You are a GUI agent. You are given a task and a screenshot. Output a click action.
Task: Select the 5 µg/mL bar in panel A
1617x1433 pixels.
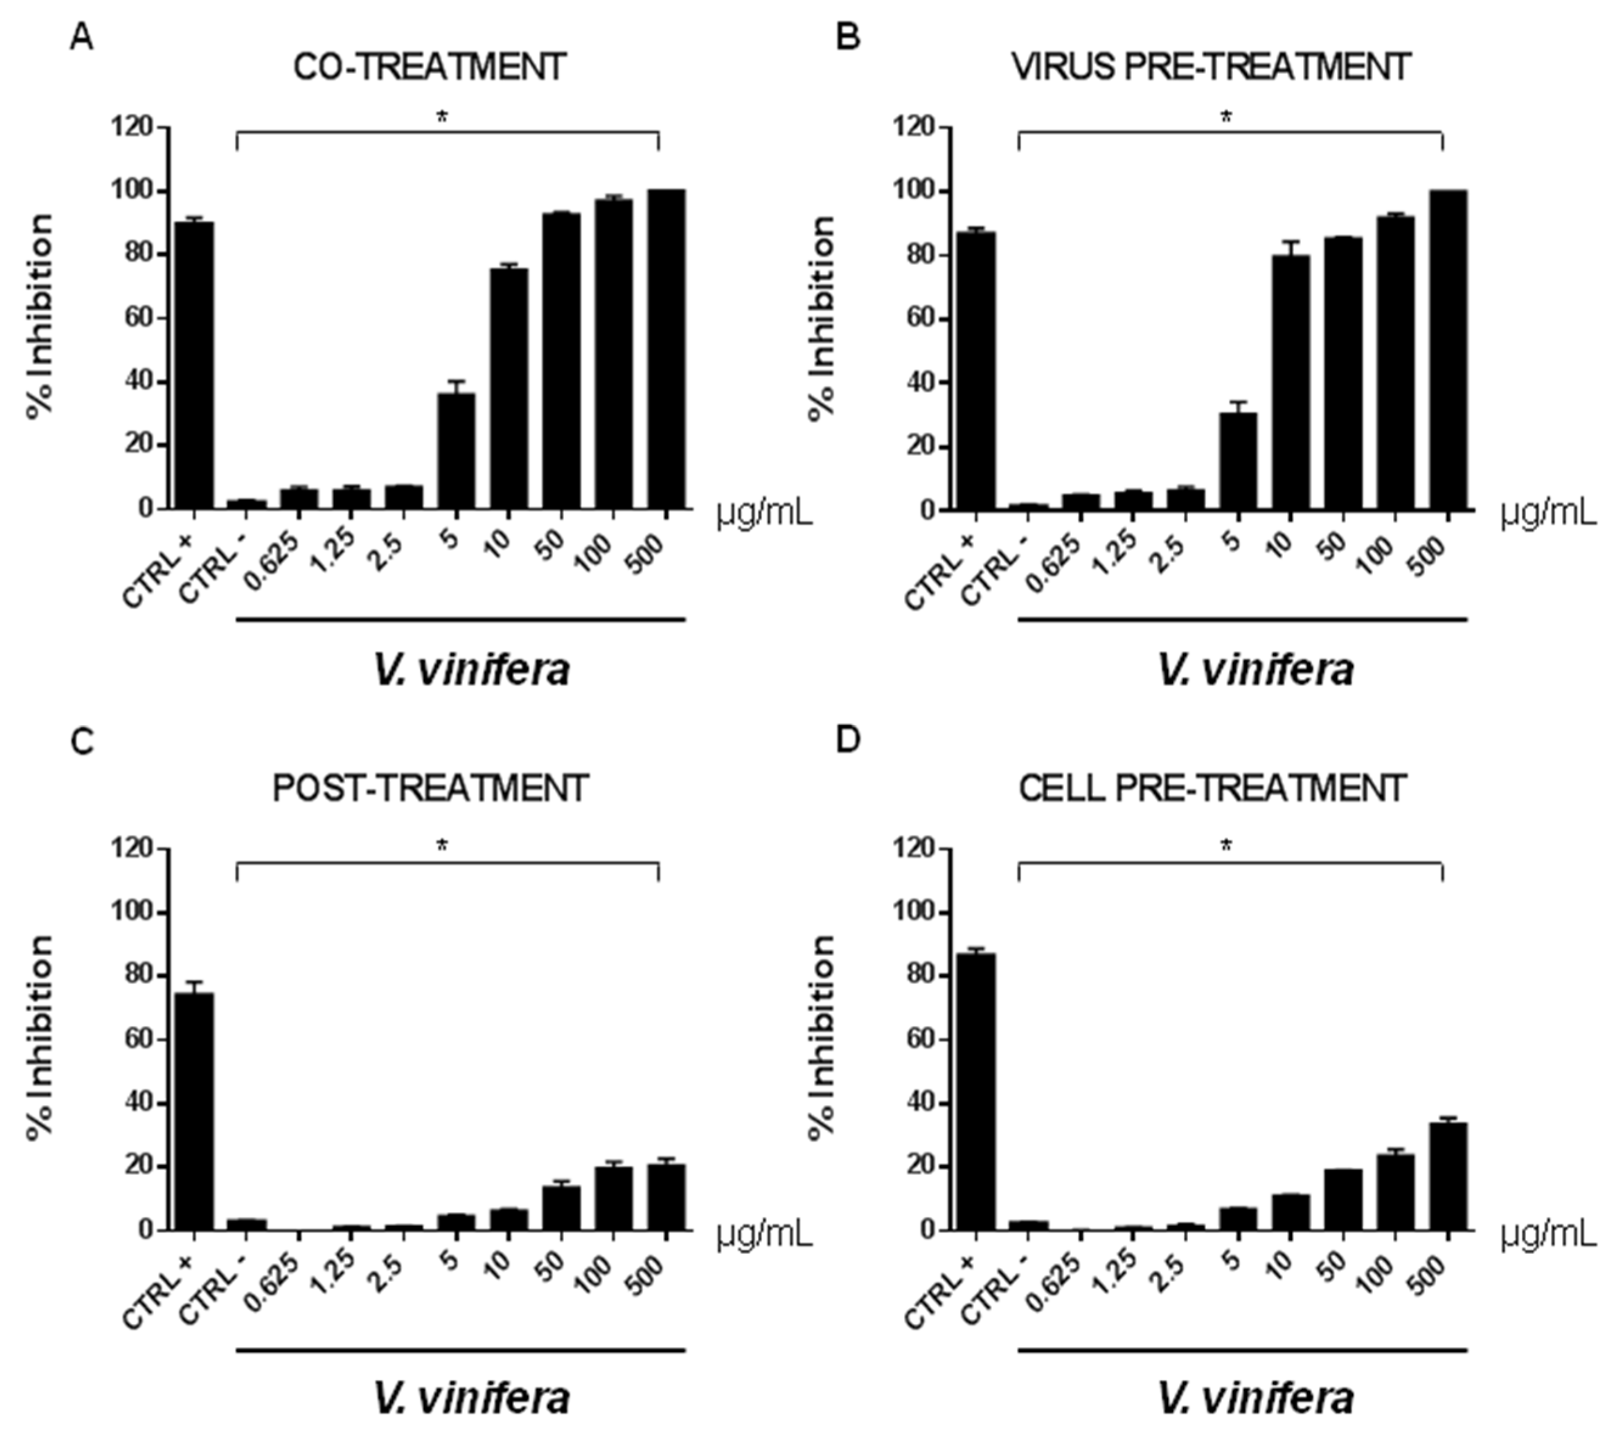pos(457,450)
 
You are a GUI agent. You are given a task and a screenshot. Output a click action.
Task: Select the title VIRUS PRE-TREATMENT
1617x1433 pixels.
pos(1211,67)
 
